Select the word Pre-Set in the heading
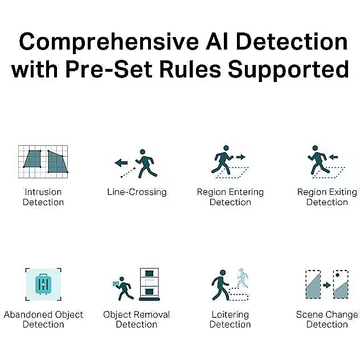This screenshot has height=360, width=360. [109, 69]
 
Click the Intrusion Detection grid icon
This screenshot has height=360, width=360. [43, 162]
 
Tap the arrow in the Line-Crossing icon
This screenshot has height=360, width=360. [121, 163]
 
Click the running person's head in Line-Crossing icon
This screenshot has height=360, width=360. [142, 152]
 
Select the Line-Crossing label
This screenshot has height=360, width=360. [137, 192]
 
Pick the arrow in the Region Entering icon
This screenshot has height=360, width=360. [240, 157]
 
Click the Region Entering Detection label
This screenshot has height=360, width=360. [230, 197]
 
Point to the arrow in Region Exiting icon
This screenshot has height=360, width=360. [333, 157]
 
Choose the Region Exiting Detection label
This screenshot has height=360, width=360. [327, 197]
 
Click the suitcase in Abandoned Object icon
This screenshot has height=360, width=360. [43, 284]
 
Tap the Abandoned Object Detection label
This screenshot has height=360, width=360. [43, 320]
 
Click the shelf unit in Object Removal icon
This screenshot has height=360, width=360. [149, 284]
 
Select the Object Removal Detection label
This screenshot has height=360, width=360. [137, 320]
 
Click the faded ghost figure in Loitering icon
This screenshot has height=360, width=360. [243, 278]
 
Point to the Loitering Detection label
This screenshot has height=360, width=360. [230, 320]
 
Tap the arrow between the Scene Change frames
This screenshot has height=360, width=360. [327, 285]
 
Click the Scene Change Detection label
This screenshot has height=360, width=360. [327, 320]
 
